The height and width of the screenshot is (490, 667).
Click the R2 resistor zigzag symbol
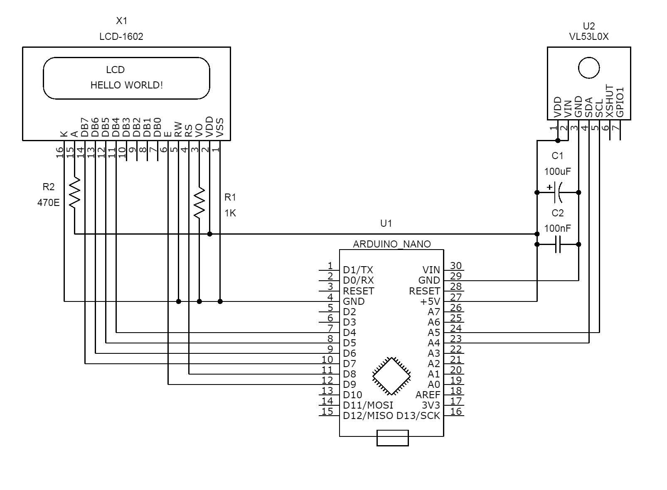(x=74, y=193)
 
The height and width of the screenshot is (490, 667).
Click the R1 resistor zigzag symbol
(x=199, y=202)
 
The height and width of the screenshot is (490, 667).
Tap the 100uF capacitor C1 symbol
(x=558, y=192)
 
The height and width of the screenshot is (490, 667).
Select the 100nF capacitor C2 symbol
(x=558, y=245)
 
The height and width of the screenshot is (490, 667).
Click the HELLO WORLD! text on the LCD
(x=127, y=85)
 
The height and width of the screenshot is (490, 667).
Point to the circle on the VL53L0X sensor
(x=589, y=68)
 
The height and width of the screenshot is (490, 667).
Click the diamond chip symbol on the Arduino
(x=391, y=376)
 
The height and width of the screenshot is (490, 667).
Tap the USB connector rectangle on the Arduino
(x=392, y=438)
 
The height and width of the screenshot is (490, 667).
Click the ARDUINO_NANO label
(x=391, y=244)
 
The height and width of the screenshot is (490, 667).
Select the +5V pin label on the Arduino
(x=430, y=301)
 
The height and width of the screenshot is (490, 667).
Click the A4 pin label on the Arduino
(x=433, y=343)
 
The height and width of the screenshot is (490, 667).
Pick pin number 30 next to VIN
(x=456, y=266)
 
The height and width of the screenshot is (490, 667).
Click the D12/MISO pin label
(x=368, y=416)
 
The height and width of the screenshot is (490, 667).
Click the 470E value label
(x=49, y=203)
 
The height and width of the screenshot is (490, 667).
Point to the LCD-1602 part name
(x=121, y=37)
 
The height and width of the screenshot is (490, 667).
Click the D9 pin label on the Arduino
(x=349, y=385)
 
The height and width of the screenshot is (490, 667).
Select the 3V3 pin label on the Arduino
(x=431, y=405)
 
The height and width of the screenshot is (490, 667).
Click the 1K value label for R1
(x=230, y=213)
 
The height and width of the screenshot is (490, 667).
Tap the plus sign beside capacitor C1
(x=549, y=187)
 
